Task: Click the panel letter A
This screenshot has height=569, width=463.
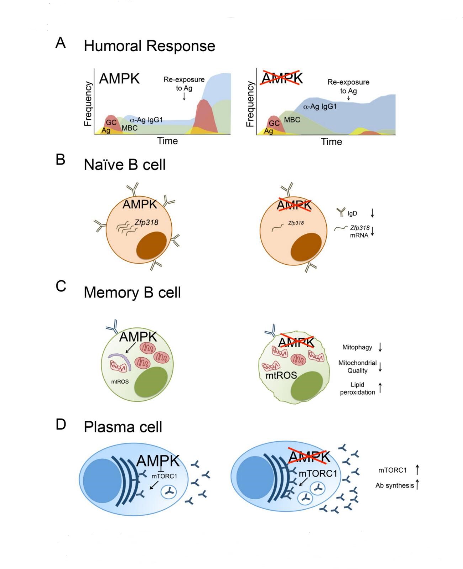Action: pyautogui.click(x=61, y=43)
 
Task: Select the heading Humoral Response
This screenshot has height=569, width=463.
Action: pyautogui.click(x=149, y=46)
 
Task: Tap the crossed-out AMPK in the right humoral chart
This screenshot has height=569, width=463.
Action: pyautogui.click(x=282, y=78)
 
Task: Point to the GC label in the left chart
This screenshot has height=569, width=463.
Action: pyautogui.click(x=111, y=122)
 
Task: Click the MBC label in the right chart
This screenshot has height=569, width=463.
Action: pyautogui.click(x=292, y=120)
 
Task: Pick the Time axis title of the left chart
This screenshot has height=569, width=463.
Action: pyautogui.click(x=167, y=141)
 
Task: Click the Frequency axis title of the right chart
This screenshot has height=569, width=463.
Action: pyautogui.click(x=250, y=104)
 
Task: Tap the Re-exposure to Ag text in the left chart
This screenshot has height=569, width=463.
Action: pyautogui.click(x=184, y=84)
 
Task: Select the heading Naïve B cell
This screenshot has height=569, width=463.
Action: pyautogui.click(x=124, y=165)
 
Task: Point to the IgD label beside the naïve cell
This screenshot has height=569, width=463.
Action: pyautogui.click(x=352, y=214)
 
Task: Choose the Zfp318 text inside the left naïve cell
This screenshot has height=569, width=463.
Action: pyautogui.click(x=146, y=223)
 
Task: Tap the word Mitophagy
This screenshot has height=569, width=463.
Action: pyautogui.click(x=357, y=347)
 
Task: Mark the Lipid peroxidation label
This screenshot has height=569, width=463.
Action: pyautogui.click(x=357, y=389)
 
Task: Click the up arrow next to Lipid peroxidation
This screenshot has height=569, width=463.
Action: pyautogui.click(x=380, y=388)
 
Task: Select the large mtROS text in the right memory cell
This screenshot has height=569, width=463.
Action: pyautogui.click(x=281, y=375)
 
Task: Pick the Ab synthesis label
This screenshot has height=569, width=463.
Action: pyautogui.click(x=395, y=485)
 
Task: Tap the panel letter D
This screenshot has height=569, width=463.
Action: pyautogui.click(x=61, y=424)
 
